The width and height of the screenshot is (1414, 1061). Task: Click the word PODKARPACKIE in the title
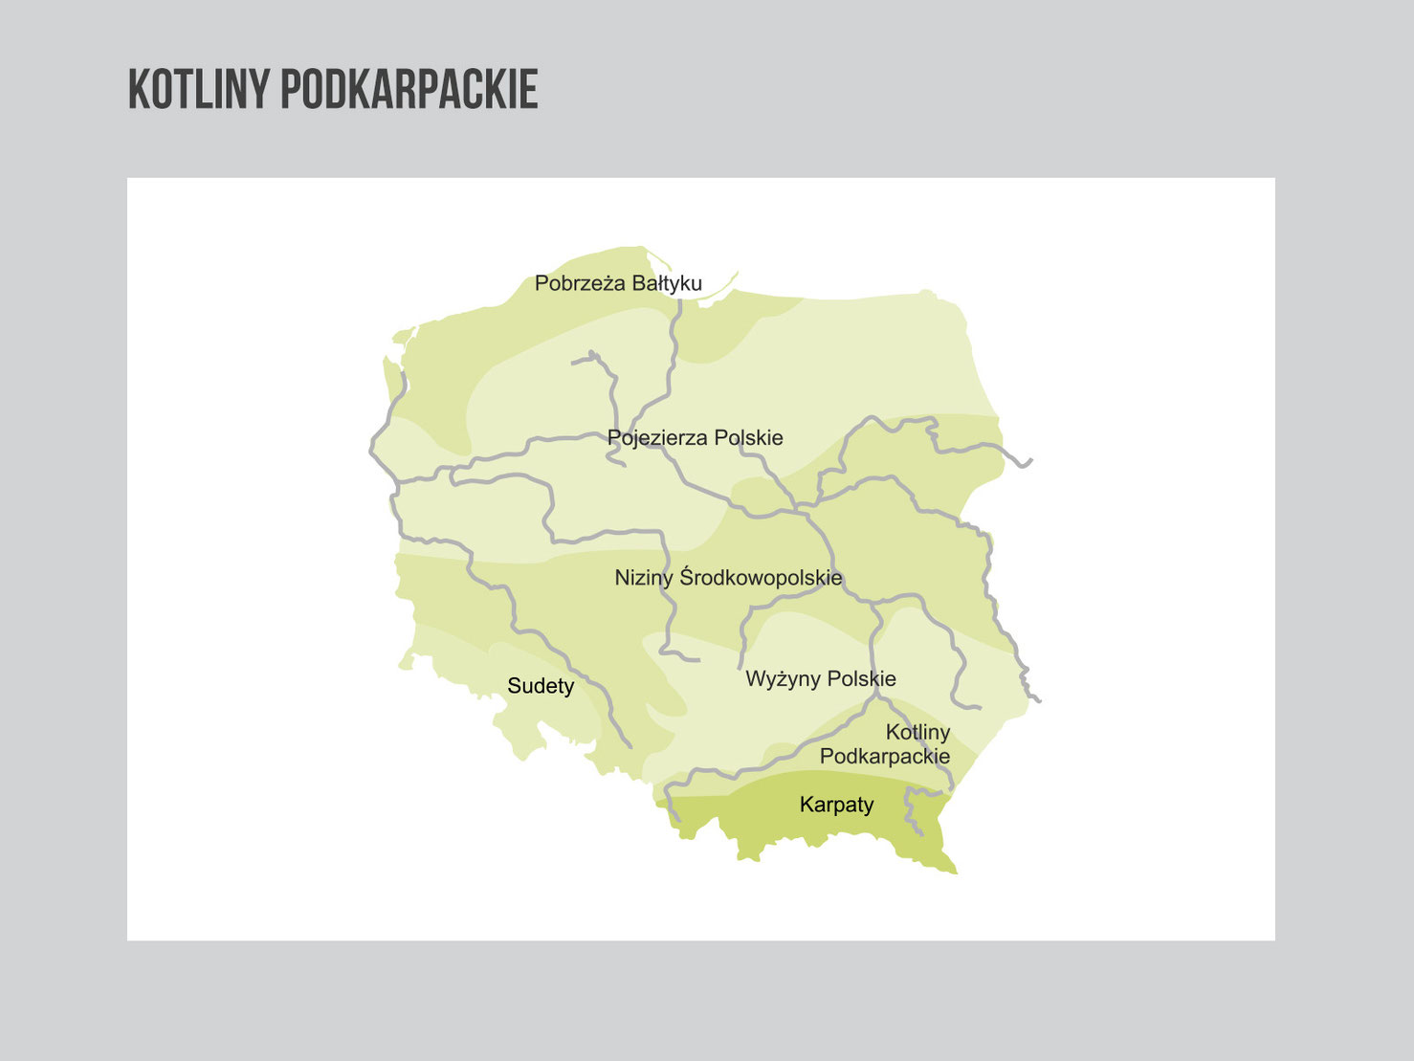(x=409, y=90)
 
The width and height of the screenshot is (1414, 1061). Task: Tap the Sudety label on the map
(x=541, y=686)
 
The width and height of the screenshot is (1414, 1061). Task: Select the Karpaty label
(x=836, y=805)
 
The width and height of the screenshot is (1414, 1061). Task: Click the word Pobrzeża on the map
(x=577, y=283)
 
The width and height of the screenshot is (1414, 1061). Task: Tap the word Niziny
(x=643, y=578)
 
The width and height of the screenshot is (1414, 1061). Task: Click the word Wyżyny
(x=782, y=679)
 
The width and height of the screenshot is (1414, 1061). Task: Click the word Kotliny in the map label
(x=917, y=733)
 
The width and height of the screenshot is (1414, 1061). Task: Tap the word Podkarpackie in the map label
(x=885, y=757)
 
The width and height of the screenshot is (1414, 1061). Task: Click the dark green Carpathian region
(x=765, y=823)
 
